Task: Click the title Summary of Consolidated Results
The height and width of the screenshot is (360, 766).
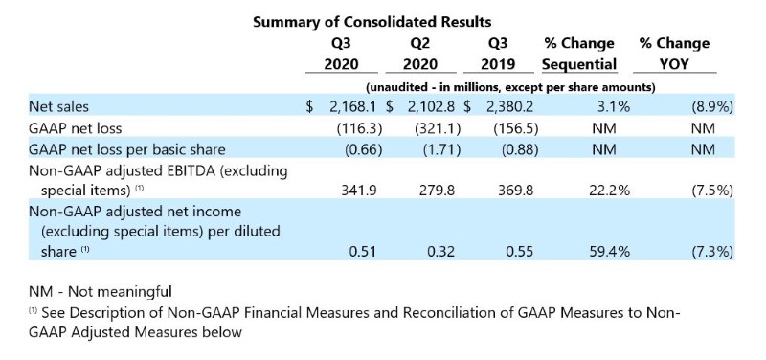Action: [372, 22]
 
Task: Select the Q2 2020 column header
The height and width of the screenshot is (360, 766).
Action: [420, 54]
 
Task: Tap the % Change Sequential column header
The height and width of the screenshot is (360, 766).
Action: [579, 54]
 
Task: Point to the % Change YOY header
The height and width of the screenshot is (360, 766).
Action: [674, 54]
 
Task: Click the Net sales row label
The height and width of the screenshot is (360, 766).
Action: [59, 106]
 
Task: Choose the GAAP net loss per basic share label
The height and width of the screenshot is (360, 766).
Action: [127, 149]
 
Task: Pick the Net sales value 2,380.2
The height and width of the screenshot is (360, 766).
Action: [507, 106]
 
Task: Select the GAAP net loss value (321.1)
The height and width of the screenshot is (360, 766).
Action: [437, 128]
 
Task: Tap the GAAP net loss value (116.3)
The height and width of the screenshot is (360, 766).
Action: [358, 128]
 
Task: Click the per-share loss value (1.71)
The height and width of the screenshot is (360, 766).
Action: [441, 149]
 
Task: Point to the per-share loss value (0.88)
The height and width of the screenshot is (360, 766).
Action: [520, 149]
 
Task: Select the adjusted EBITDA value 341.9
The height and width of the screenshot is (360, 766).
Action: [358, 190]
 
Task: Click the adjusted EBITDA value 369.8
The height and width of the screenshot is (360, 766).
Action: [515, 190]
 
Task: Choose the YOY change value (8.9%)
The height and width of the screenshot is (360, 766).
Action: [711, 106]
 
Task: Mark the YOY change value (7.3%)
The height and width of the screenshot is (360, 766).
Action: [711, 252]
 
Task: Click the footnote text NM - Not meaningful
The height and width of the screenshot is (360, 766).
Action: [101, 292]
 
